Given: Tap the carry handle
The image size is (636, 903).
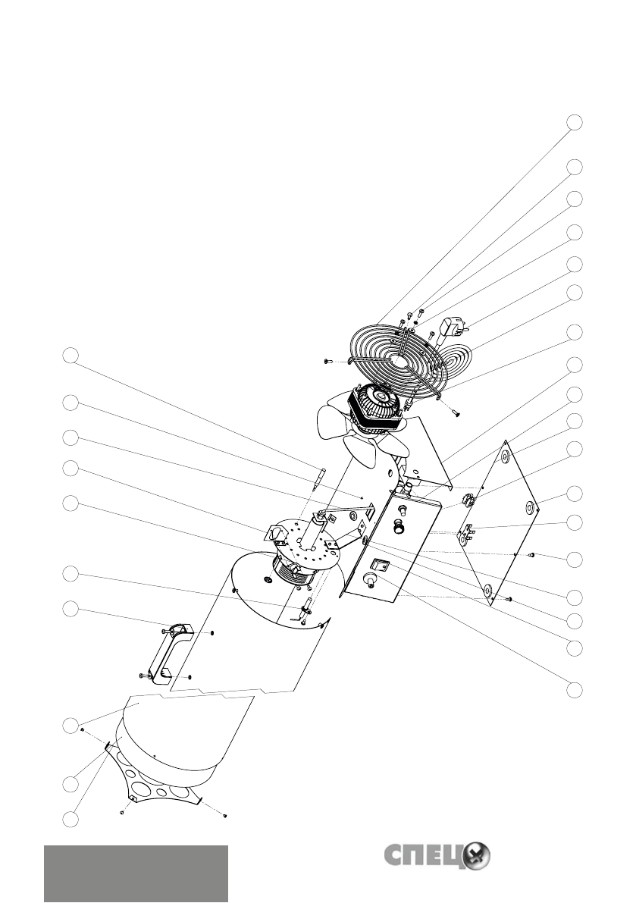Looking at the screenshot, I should [x=167, y=651].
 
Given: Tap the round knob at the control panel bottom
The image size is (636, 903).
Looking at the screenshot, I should [x=372, y=581].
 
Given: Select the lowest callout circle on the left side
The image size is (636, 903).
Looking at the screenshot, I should [x=70, y=819].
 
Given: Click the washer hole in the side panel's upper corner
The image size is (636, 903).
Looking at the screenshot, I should [x=502, y=457].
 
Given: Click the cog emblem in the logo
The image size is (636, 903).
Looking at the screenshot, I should [x=476, y=855].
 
